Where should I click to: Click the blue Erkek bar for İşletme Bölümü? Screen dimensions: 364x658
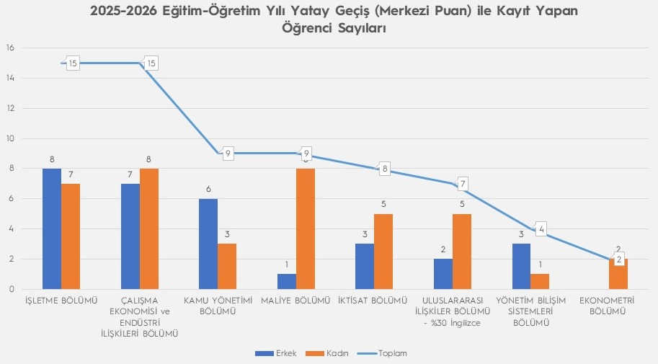point(52,228)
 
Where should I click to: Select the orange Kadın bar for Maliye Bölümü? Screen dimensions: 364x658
point(306,228)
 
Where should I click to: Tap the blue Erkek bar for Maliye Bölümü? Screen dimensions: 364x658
point(287,281)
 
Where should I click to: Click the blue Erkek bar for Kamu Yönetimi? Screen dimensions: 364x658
point(208,244)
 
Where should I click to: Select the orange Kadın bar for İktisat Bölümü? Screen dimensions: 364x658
point(384,251)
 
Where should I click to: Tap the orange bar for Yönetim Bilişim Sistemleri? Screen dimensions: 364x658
point(541,281)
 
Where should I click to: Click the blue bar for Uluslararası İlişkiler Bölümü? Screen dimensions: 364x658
point(443,274)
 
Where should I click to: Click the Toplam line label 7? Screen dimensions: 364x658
point(463,184)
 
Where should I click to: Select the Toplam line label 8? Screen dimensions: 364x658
point(385,169)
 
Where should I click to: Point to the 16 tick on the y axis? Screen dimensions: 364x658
point(10,48)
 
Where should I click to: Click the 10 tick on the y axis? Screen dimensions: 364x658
point(10,138)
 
